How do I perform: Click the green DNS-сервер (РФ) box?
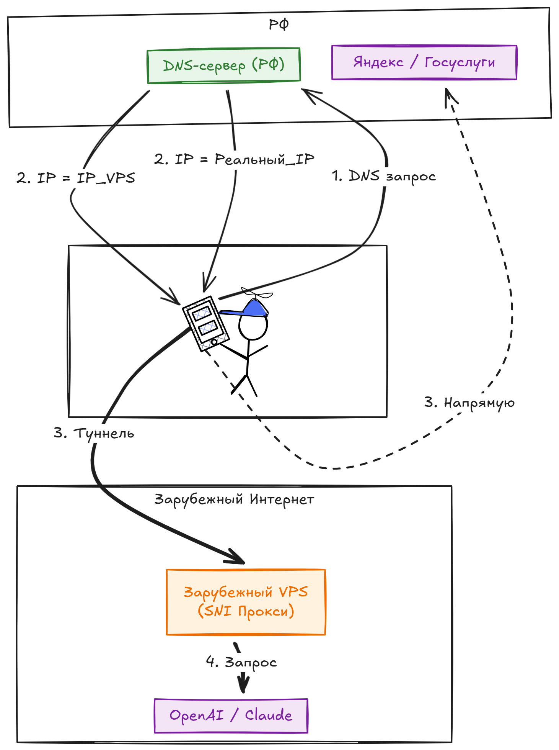223,65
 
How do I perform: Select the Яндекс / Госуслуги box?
424,62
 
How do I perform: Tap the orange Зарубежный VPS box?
246,602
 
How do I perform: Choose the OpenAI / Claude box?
231,716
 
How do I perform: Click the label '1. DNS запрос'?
383,176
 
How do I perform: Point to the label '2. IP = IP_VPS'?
76,178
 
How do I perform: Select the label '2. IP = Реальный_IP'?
234,159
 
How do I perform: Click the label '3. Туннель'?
94,433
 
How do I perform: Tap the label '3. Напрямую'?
469,403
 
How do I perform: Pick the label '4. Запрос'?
241,662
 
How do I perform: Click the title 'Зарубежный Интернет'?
234,499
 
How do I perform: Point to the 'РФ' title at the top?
279,25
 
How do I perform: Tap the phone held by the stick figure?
205,323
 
